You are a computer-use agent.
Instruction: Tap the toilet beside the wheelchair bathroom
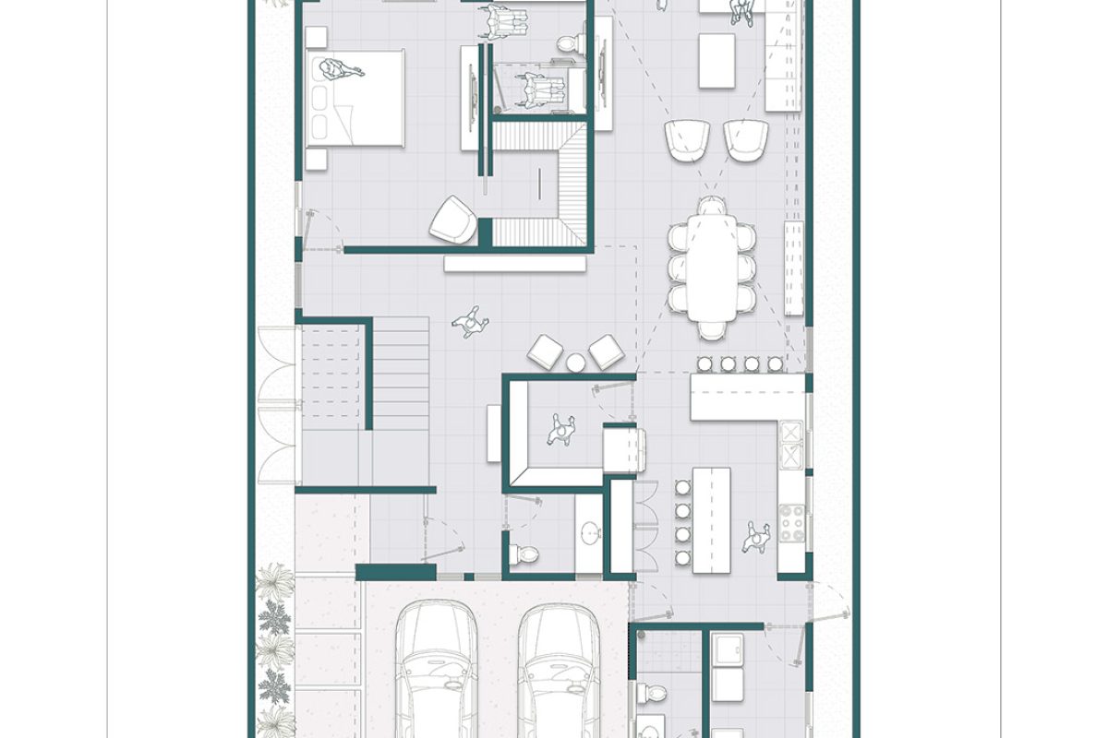(x=571, y=42)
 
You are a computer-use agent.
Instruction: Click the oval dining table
(x=710, y=267)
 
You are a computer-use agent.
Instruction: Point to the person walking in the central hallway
(x=471, y=322)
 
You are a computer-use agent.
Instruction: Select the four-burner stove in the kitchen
(x=791, y=524)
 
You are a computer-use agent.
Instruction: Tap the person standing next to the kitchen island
(x=757, y=534)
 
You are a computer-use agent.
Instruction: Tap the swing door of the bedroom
(x=319, y=231)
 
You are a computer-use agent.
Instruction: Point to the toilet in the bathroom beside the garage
(x=656, y=692)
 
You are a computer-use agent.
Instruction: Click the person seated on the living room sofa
(x=741, y=11)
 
